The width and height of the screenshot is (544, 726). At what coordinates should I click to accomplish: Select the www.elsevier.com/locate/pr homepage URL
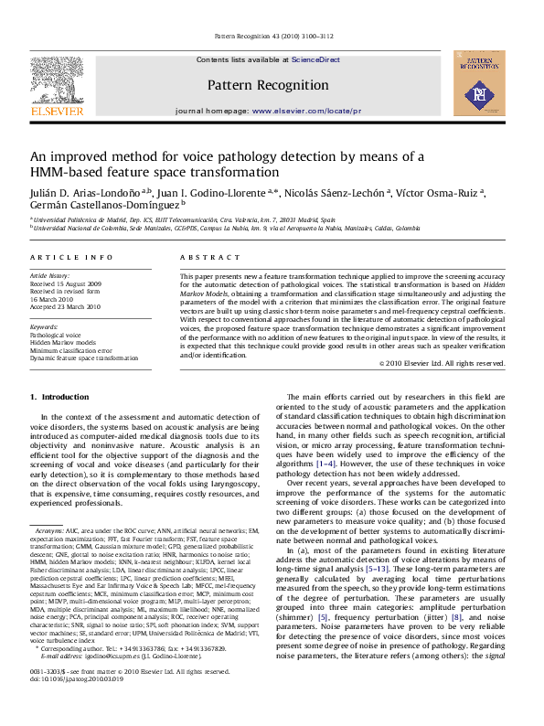pos(288,110)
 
